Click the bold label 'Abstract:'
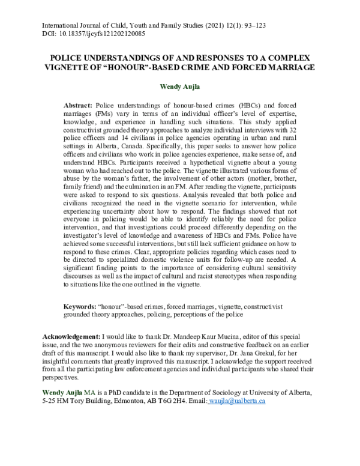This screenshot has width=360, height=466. click(78, 105)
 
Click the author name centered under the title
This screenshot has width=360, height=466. click(179, 86)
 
